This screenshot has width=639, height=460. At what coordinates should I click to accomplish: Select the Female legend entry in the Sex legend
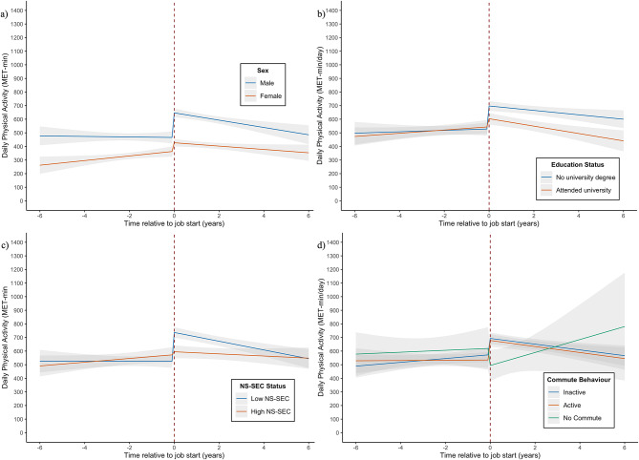click(264, 96)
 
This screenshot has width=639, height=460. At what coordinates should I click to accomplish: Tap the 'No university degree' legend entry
click(578, 178)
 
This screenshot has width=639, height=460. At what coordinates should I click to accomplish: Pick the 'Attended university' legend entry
click(576, 190)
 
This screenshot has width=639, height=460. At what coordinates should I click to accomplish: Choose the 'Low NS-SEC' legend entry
click(263, 399)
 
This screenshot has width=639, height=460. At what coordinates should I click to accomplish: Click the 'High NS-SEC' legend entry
click(264, 411)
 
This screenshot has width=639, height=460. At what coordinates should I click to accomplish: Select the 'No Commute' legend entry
click(575, 418)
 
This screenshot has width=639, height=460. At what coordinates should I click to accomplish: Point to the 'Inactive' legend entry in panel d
click(566, 392)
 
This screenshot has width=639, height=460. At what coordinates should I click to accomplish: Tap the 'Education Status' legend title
click(578, 165)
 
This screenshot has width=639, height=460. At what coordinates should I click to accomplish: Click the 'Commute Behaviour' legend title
click(579, 380)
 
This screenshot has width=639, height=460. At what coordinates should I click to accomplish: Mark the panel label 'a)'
click(4, 15)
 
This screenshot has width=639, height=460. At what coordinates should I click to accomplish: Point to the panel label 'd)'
click(321, 245)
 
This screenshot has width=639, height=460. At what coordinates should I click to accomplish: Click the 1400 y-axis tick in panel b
click(332, 10)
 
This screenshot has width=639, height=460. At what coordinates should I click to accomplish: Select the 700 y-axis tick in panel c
click(18, 338)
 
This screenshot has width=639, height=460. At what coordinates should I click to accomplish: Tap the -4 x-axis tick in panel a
click(84, 216)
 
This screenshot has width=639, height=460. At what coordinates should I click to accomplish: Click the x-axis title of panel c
click(175, 455)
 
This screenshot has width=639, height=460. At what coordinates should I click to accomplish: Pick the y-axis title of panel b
click(320, 105)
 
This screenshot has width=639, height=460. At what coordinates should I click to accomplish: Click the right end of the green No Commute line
click(625, 326)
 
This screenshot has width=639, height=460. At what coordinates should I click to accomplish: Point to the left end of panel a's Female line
click(40, 165)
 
